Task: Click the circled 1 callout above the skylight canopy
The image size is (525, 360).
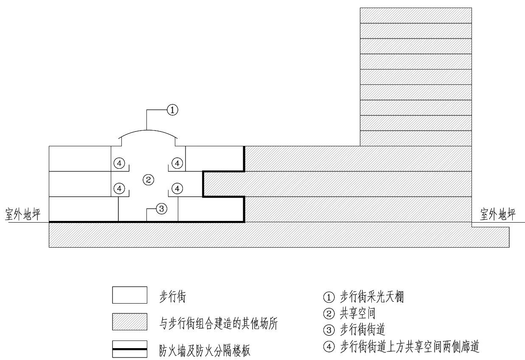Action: pos(172,110)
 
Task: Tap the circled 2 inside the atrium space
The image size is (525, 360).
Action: pos(148,180)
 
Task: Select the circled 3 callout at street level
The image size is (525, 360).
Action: pos(161,209)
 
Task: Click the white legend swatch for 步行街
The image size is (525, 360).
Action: pos(129,295)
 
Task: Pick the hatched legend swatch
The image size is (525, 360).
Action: pos(129,322)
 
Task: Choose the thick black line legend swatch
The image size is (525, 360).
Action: pos(129,349)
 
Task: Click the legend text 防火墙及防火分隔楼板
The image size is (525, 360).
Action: pos(205,350)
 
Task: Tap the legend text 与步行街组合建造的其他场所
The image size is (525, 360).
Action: pos(219,324)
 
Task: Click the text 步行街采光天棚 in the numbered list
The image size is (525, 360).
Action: pos(372,297)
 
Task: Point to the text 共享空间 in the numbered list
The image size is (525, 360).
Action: pos(358,313)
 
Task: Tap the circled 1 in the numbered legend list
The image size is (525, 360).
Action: pos(329,297)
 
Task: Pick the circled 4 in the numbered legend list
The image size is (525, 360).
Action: pos(329,346)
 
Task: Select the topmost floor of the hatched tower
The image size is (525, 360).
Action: pos(416,15)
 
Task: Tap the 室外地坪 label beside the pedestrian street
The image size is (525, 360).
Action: pos(23,214)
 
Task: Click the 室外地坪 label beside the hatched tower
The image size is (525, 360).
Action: pos(498,214)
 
